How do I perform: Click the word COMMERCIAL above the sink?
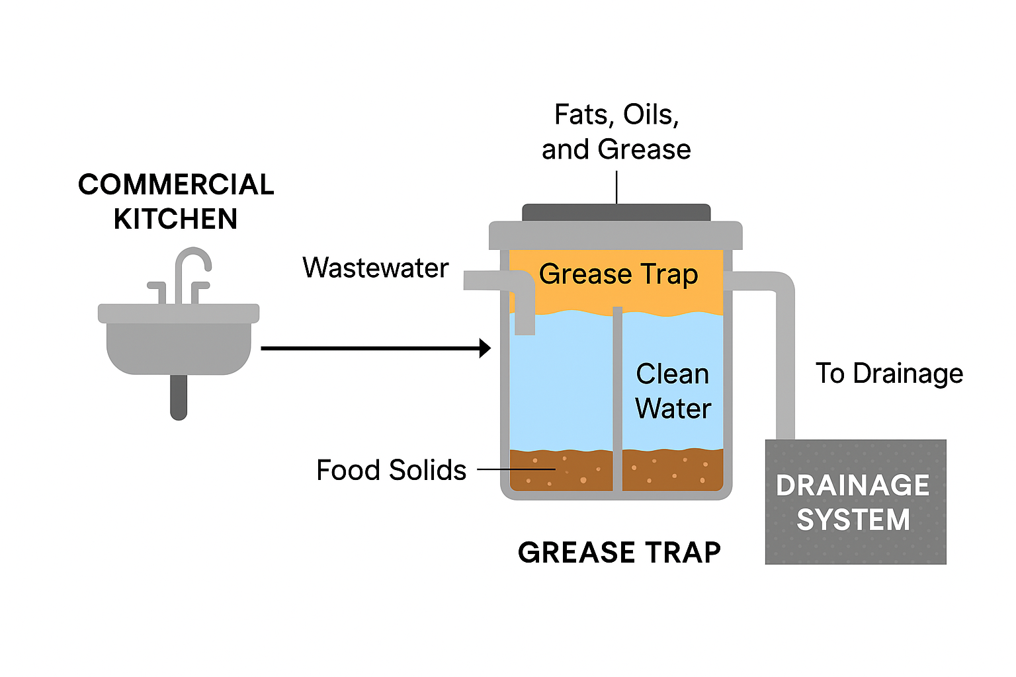[x=176, y=185]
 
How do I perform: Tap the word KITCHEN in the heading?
[x=176, y=219]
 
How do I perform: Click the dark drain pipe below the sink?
[x=179, y=397]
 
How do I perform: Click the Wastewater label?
[x=376, y=268]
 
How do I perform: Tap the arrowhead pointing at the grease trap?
[x=485, y=348]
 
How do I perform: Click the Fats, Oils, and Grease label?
[x=616, y=132]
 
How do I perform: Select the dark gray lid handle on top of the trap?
[x=616, y=213]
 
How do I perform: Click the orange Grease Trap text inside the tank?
[x=618, y=274]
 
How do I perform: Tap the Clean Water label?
[x=673, y=391]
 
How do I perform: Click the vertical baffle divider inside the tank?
[x=617, y=397]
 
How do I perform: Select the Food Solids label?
[x=392, y=471]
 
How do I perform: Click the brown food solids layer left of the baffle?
[x=561, y=471]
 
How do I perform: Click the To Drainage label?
[x=889, y=374]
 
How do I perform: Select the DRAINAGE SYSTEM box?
[x=855, y=502]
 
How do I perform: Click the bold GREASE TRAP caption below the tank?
[x=619, y=553]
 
